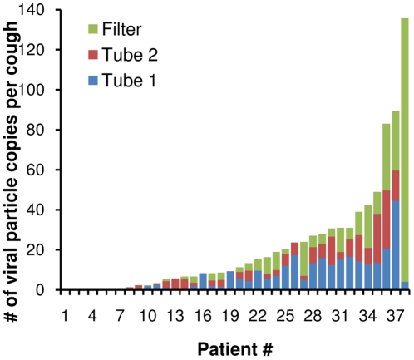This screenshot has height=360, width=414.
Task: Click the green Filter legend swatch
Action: [x=93, y=29]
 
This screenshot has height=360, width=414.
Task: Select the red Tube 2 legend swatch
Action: [x=93, y=55]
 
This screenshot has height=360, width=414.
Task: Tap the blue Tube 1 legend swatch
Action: [x=93, y=80]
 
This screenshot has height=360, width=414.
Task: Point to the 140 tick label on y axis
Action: [x=31, y=10]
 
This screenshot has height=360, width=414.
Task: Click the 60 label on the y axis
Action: [x=36, y=170]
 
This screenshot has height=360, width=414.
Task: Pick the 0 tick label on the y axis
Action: [x=40, y=290]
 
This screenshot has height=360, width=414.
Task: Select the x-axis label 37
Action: [x=396, y=316]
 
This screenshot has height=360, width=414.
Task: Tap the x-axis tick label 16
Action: [x=203, y=316]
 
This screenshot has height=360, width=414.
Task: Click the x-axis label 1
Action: [x=65, y=316]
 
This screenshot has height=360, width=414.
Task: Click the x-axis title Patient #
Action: [x=235, y=349]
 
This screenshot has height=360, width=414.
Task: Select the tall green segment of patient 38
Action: [x=405, y=150]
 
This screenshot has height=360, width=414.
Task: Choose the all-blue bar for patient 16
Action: [x=203, y=281]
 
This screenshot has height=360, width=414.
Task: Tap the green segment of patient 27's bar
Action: [x=304, y=259]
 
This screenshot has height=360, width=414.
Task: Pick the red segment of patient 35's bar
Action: [x=377, y=239]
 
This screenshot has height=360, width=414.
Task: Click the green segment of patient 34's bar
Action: [x=368, y=226]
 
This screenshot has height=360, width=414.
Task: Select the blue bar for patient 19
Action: [x=230, y=280]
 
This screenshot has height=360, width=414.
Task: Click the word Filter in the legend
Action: [x=122, y=29]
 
